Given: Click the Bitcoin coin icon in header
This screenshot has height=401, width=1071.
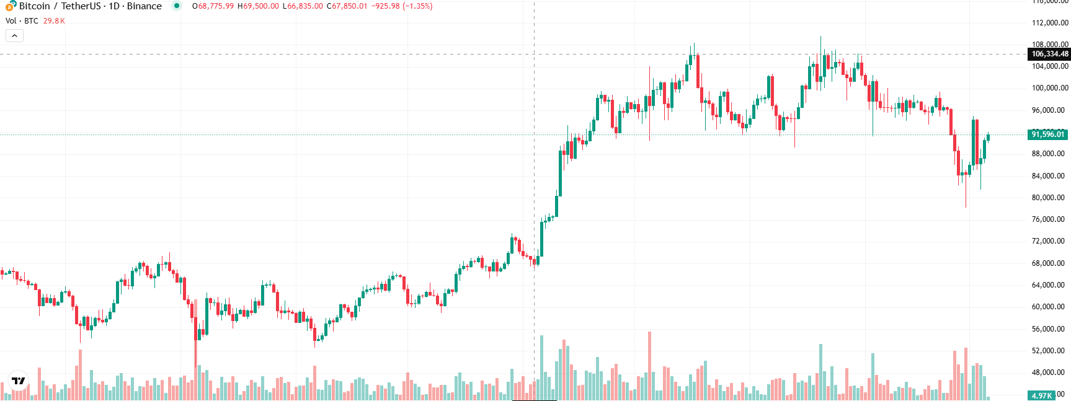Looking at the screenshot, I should click(x=11, y=6).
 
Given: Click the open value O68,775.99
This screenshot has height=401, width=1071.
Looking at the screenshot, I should click(x=213, y=6).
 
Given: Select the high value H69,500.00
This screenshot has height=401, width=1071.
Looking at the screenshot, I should click(x=258, y=6).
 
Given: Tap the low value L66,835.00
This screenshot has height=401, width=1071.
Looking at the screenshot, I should click(x=302, y=6).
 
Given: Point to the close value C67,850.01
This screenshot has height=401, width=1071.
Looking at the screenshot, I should click(x=347, y=6).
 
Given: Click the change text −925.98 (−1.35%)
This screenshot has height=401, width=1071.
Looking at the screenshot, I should click(x=402, y=6).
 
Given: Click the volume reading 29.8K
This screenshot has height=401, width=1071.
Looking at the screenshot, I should click(x=54, y=21).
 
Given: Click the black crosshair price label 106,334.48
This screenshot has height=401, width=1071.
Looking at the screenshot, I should click(x=1049, y=54).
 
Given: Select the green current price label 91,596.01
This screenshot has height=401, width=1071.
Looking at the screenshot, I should click(x=1047, y=134).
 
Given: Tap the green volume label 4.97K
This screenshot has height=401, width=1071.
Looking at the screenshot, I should click(x=1041, y=395).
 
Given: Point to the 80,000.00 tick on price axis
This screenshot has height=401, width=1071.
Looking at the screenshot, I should click(x=1047, y=198).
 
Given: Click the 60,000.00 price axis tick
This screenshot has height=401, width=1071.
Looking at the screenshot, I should click(x=1047, y=307).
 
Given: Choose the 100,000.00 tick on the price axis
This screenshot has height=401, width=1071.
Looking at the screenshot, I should click(x=1047, y=88).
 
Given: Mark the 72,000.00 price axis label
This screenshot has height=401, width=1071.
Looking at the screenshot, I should click(x=1047, y=241).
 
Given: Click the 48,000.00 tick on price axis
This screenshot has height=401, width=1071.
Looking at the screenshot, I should click(x=1047, y=372).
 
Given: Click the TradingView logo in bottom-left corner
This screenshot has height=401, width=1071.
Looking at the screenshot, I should click(x=19, y=381).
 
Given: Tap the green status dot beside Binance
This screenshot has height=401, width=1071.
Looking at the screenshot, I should click(x=177, y=6).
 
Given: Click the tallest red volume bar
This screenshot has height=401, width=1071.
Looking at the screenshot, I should click(x=649, y=366).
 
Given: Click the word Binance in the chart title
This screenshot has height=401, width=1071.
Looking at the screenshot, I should click(x=144, y=6).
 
